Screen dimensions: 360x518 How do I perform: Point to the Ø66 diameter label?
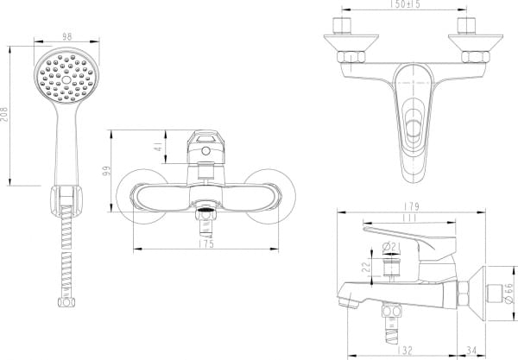coord(508,293)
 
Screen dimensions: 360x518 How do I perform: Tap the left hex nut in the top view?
coord(351,58)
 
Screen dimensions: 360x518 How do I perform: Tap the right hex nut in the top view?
coord(473,58)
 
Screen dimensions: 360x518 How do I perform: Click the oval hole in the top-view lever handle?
coord(413,131)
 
